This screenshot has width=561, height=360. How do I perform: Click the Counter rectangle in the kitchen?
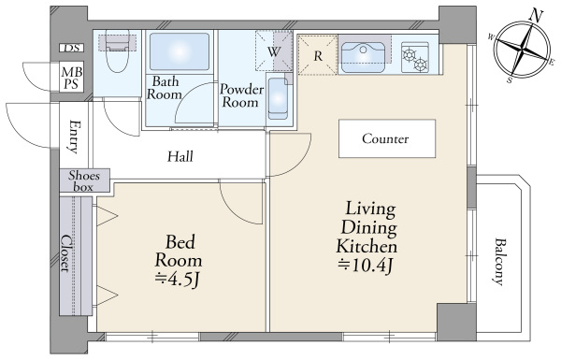[x=387, y=138]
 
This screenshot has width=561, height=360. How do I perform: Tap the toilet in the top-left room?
[x=118, y=51]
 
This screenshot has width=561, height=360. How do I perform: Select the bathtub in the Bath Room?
[x=180, y=51]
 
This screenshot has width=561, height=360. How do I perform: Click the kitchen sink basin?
[x=363, y=57]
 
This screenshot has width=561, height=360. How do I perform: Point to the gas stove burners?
[x=415, y=57]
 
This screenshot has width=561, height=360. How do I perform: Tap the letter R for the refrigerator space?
[x=318, y=56]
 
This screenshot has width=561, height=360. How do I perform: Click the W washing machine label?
[x=273, y=52]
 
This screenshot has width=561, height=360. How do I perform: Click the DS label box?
[x=72, y=48]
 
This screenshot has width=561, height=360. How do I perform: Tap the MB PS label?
[x=72, y=78]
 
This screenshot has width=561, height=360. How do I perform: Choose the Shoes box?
[x=85, y=180]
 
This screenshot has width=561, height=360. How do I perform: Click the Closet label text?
[x=65, y=253]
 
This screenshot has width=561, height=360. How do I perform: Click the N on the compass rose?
[x=537, y=16]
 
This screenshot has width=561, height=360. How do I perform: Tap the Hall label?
[x=180, y=156]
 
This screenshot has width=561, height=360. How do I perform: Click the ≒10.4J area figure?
[x=366, y=266]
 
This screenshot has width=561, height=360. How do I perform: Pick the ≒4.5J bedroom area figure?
[x=178, y=280]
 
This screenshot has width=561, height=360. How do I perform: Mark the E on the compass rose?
[x=552, y=62]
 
